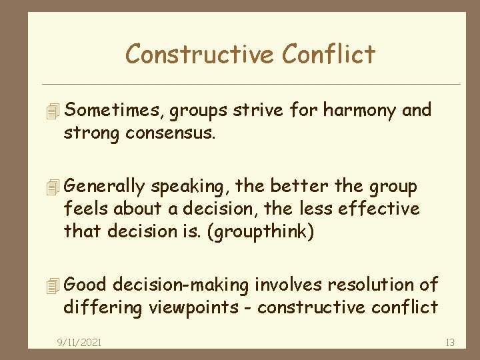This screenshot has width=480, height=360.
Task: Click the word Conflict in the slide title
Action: (327, 54)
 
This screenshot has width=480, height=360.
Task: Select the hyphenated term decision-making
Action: (181, 285)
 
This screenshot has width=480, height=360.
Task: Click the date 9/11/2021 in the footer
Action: (80, 343)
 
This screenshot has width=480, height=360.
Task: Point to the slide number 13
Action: (449, 343)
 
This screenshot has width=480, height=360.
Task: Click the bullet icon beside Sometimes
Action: (55, 109)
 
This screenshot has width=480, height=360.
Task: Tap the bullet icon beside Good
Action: (55, 285)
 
